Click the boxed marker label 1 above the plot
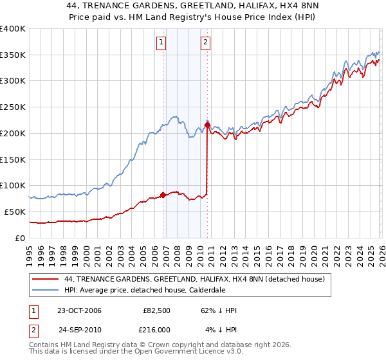pos(160,44)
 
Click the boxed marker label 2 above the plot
pos(205,44)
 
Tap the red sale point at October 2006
pos(163,194)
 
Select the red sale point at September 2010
pos(207,124)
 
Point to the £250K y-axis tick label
pos(13,107)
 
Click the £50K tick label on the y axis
pos(15,212)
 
